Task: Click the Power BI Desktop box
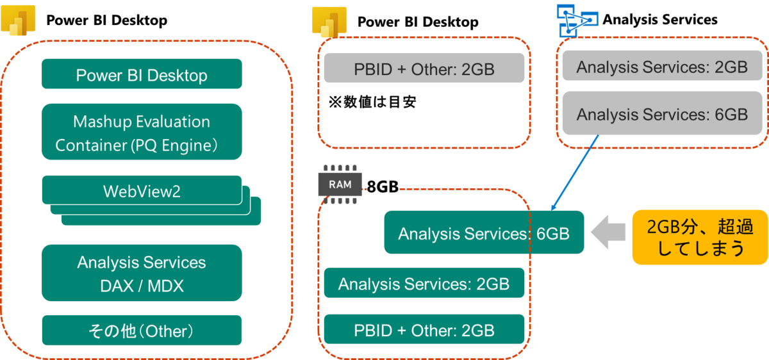142,74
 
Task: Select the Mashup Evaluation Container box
142,132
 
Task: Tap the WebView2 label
142,191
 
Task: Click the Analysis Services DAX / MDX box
142,274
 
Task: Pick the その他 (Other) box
142,331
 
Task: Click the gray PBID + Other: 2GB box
424,68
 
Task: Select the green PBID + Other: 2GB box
424,330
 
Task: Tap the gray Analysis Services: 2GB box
662,67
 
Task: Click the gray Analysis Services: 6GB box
662,113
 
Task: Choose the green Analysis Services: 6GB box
484,233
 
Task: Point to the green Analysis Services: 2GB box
424,283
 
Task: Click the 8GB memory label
383,186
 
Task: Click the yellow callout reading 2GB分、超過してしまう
699,237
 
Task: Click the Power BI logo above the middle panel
328,21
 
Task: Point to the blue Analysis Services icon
575,19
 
